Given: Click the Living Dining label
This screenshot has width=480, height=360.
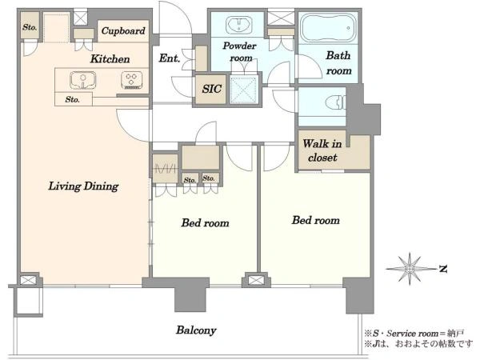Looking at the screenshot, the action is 83,186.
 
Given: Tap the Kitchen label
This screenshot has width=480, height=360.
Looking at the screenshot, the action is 110,58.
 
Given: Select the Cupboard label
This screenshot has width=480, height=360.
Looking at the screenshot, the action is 123,30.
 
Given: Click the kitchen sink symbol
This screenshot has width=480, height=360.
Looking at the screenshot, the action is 82,80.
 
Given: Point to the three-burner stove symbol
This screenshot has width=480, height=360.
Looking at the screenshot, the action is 132,80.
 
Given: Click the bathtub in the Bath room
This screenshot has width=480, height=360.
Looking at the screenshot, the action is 328,28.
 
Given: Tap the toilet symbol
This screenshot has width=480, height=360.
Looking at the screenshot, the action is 335,103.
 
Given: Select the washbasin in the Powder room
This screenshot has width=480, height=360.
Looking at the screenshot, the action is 239,25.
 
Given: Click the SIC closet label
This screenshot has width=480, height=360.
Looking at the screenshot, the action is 211,89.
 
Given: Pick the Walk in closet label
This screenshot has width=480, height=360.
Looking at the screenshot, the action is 322,150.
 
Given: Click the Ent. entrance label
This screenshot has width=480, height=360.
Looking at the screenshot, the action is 170,58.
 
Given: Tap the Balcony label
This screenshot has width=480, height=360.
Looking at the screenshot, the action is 196,330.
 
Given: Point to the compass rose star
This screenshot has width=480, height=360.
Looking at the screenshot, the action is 410,269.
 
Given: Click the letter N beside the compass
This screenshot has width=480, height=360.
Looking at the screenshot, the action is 443,269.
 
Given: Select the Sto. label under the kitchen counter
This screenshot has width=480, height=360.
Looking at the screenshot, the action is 73,99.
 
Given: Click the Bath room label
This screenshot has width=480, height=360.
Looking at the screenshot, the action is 338,63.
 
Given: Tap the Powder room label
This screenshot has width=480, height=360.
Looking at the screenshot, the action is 239,52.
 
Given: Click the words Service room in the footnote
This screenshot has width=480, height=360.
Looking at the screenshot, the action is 412,333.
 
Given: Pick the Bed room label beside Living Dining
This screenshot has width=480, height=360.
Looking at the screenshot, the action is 205,222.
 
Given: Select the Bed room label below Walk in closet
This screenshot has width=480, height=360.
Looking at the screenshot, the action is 316,220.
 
